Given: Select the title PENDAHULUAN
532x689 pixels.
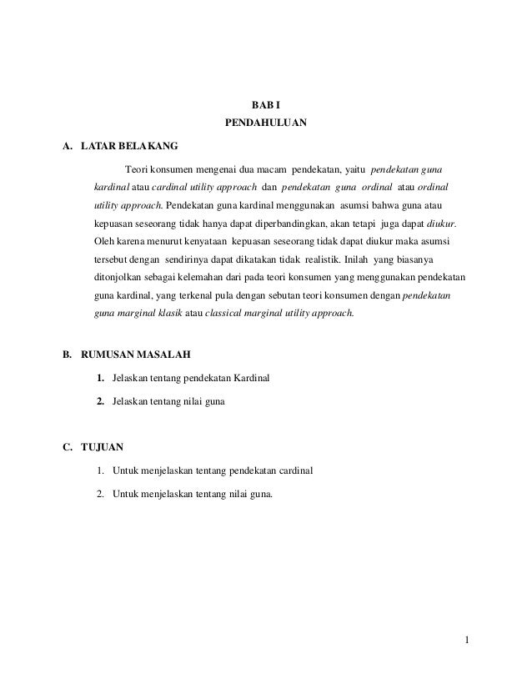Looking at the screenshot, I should (266, 125).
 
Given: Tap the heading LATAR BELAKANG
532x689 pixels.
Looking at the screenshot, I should (123, 147).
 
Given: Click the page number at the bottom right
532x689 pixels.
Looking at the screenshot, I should (469, 640).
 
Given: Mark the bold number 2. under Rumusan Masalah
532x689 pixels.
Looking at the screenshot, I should (100, 403).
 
